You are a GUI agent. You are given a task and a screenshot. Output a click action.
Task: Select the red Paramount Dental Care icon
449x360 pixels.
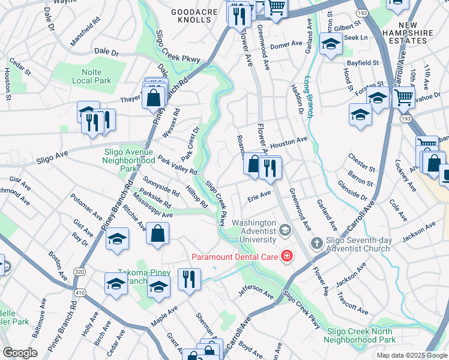[x=287, y=257]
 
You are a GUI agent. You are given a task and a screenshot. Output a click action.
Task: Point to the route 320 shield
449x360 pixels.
[x=80, y=272]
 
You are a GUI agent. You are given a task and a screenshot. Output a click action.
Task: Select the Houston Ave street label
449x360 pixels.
[x=288, y=142]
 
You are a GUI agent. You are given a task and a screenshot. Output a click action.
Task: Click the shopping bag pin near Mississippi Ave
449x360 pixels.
[x=157, y=235]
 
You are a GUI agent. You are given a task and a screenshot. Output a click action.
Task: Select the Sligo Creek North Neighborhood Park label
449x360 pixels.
[x=360, y=335]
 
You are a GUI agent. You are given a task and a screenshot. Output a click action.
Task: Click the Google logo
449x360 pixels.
[x=20, y=353]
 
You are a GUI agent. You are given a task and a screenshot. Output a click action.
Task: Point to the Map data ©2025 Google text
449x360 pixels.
[x=411, y=355]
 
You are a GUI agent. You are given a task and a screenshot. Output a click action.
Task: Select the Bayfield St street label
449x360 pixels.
[x=362, y=62]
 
